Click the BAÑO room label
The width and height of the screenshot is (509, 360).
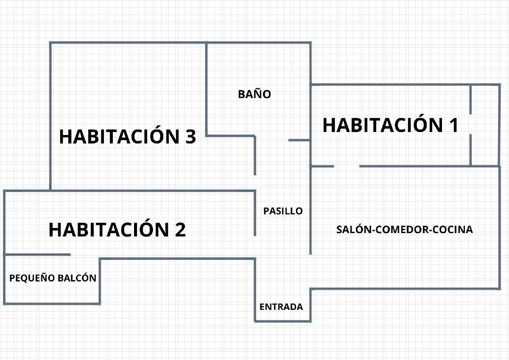(254, 94)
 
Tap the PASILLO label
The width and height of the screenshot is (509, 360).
(283, 211)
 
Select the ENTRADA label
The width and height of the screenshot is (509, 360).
(281, 307)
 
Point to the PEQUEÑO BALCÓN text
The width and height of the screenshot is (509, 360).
(53, 278)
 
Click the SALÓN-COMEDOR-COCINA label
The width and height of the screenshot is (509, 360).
(405, 229)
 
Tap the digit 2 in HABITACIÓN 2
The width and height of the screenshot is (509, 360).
(180, 230)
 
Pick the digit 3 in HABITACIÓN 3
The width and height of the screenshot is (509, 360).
(190, 136)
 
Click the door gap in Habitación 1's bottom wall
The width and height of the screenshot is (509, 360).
(347, 166)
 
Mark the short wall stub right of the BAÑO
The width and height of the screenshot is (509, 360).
(299, 140)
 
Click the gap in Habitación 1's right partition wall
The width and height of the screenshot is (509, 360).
(470, 124)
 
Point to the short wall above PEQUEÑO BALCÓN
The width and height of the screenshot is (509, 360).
(38, 254)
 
